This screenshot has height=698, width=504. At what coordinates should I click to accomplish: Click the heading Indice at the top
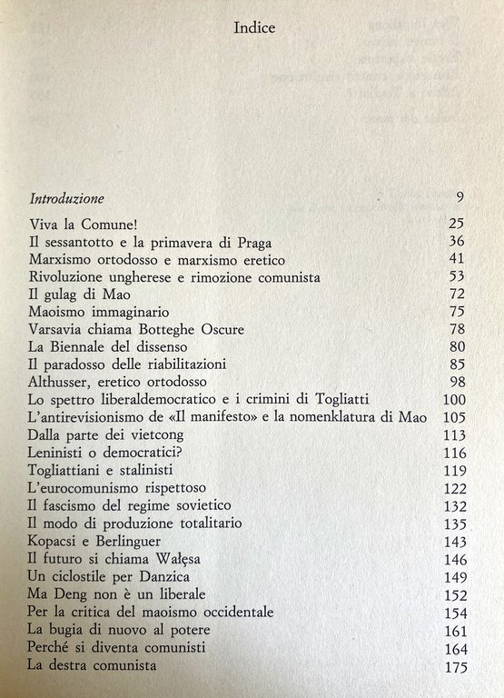253,27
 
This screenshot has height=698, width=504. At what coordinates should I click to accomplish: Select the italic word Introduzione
66,198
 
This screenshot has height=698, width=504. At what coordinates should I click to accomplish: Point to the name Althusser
61,382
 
